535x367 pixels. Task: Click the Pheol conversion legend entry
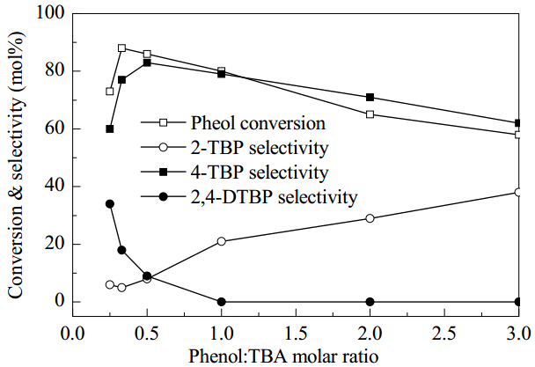[233, 123]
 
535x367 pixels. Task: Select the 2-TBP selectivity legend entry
[235, 148]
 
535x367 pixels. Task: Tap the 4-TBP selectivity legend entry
[235, 172]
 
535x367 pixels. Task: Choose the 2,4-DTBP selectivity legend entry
[249, 196]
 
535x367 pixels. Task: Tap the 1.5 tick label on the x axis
[296, 334]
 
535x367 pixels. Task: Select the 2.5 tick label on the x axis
[444, 334]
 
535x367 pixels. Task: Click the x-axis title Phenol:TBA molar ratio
[283, 356]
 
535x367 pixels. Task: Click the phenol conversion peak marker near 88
[121, 48]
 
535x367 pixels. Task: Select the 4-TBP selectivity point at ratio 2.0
[370, 98]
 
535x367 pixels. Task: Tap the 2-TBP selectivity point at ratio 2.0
[370, 218]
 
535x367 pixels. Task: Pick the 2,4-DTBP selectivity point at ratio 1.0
[222, 302]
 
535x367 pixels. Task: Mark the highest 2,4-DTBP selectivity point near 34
[109, 204]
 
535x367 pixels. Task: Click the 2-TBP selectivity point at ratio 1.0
[222, 241]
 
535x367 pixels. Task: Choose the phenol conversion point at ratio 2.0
[370, 114]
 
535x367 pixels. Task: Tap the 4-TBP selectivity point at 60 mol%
[109, 129]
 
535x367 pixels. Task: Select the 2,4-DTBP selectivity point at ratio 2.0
[370, 302]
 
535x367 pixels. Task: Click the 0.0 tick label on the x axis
[72, 334]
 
